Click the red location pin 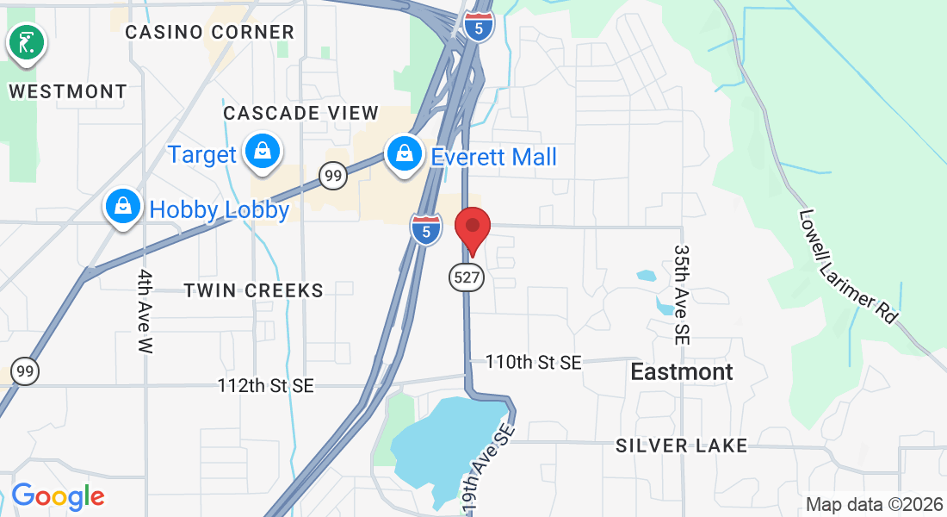(x=472, y=228)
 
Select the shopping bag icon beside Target (x=262, y=153)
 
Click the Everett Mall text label (x=493, y=157)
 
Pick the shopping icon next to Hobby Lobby (x=123, y=208)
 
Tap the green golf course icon (x=27, y=42)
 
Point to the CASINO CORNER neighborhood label (x=209, y=33)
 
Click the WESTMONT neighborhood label (x=68, y=91)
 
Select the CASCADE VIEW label (x=300, y=113)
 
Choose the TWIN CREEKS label (x=253, y=290)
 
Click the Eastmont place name (x=682, y=371)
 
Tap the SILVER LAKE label (x=681, y=445)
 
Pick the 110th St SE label (x=533, y=362)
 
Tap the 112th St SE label (x=265, y=386)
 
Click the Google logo (x=58, y=497)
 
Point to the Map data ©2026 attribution (x=872, y=504)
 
